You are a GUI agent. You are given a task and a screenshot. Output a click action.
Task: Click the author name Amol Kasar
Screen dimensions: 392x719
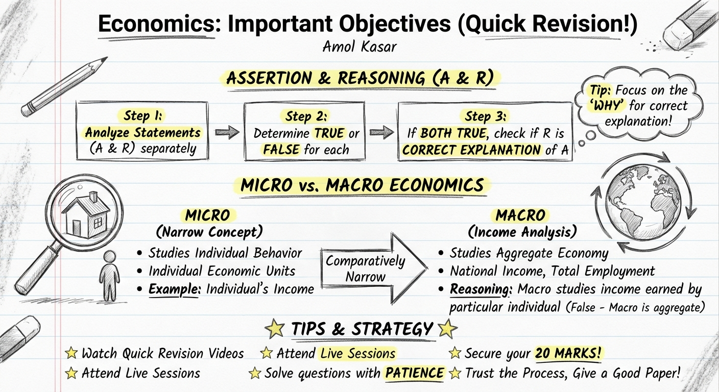click(x=359, y=46)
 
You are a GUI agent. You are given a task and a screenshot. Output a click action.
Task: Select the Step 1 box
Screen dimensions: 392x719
click(x=142, y=132)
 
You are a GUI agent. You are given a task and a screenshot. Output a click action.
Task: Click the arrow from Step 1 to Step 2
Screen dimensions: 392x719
click(x=227, y=133)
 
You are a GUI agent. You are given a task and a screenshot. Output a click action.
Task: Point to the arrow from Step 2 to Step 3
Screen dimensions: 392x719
click(x=381, y=133)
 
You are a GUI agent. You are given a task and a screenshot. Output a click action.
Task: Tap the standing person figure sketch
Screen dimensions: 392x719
click(x=109, y=276)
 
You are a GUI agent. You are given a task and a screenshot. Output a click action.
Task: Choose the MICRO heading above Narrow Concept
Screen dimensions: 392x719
click(x=208, y=215)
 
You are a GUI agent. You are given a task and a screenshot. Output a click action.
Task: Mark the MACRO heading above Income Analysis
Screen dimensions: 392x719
click(x=520, y=215)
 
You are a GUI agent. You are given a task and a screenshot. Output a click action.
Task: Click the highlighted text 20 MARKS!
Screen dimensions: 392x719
click(x=565, y=353)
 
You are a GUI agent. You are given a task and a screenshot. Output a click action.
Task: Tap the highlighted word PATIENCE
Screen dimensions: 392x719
click(x=414, y=373)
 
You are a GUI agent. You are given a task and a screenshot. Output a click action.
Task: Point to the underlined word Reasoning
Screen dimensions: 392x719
click(x=481, y=289)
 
